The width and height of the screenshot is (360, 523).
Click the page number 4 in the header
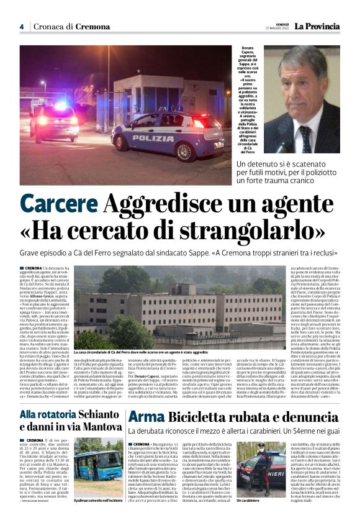(21, 27)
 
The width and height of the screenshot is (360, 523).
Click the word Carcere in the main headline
(58, 204)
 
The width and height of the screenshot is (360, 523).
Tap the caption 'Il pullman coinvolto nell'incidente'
(98, 500)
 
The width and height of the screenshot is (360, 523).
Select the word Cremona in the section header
(93, 27)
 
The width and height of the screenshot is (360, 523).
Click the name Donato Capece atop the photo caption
(248, 52)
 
